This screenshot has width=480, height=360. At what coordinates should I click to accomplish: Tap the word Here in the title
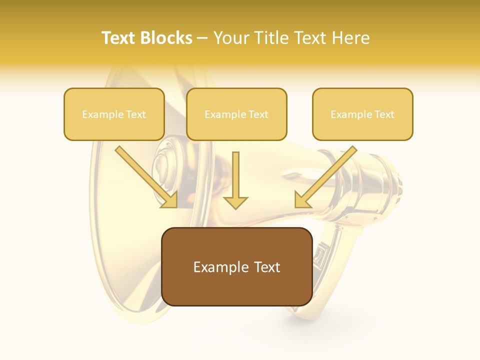pos(351,38)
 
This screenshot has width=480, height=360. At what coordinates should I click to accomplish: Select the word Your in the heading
pos(229,38)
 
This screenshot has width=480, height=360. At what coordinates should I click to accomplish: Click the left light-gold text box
pos(114,114)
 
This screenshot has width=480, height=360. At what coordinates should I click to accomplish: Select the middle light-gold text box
pos(236,114)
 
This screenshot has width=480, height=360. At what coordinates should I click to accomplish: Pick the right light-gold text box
pos(362,114)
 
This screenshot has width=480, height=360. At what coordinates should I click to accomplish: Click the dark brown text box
pos(236,266)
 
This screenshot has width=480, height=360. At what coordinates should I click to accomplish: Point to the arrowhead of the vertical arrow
pos(235,202)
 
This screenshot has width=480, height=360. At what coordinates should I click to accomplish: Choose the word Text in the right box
pos(384,114)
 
